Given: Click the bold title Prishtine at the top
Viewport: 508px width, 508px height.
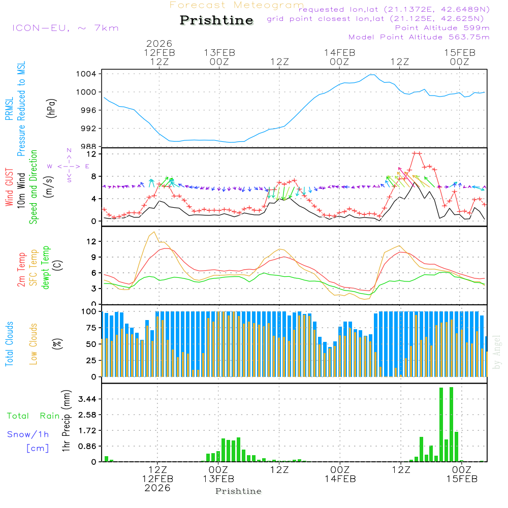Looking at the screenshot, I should point(216,20).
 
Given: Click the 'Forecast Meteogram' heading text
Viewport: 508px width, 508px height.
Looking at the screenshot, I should point(237,5).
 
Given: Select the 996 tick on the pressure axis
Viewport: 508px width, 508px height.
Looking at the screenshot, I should point(88,110).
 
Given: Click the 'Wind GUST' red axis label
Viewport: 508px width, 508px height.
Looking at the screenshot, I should point(9,187).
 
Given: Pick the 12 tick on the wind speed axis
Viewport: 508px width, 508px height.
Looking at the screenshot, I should point(91,153).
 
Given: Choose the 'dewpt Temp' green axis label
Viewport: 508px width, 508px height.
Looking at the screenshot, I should point(46,267).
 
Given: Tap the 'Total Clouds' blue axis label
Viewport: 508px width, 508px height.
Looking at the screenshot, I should point(9,344).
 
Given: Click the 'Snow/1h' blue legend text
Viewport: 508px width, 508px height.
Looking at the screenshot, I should point(28,434).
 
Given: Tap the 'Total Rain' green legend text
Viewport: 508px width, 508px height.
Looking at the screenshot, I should point(34,416).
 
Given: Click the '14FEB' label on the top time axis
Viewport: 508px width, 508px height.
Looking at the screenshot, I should point(339,52).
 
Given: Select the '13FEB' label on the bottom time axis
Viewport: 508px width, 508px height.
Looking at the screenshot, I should point(218,479).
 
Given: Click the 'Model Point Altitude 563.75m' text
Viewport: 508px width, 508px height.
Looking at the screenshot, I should point(419,37).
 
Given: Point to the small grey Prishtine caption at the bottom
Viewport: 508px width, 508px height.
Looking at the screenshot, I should point(238,491).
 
